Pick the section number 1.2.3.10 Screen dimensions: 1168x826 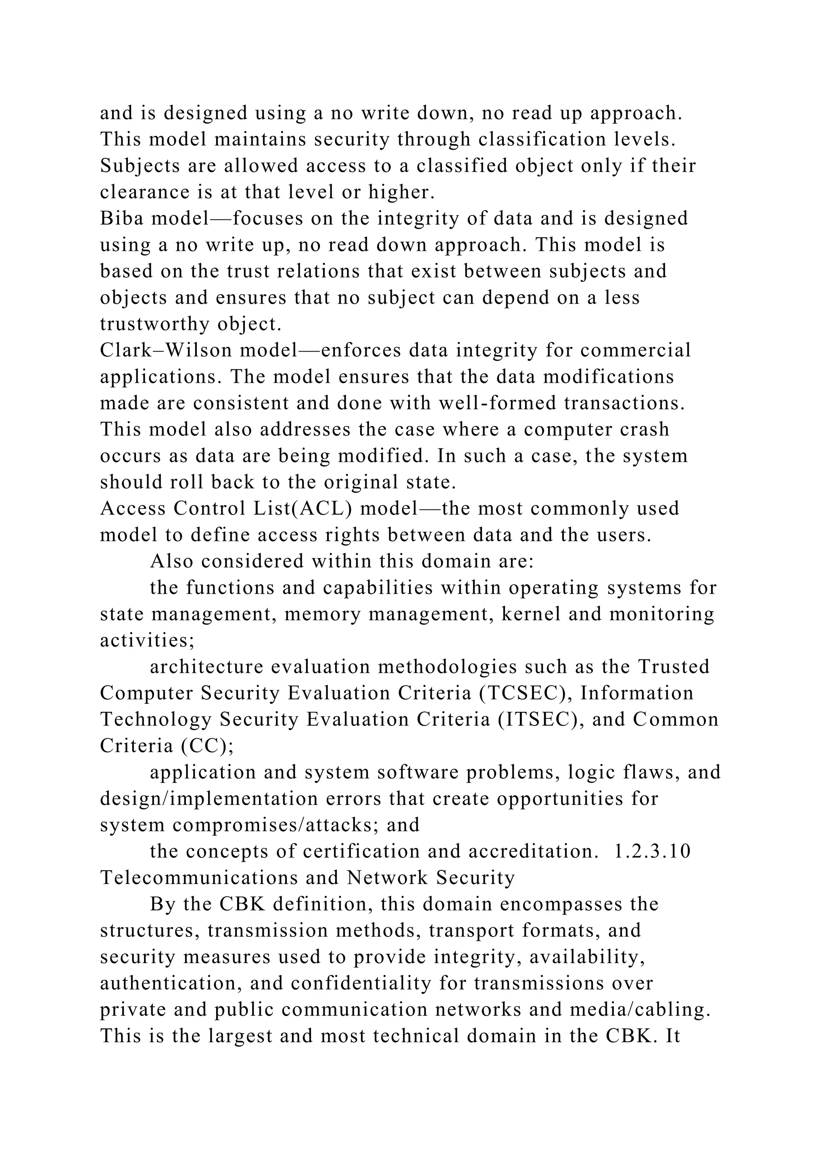[653, 851]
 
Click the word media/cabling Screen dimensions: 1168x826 [640, 1010]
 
